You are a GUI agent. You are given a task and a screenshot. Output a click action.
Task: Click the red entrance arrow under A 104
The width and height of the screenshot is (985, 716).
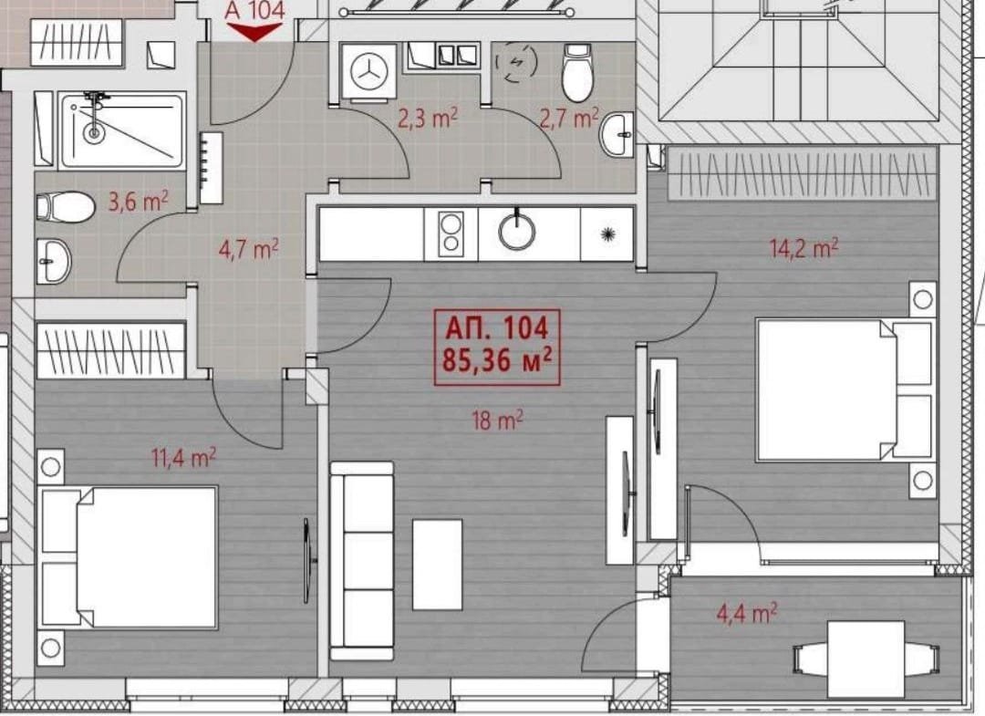[x=254, y=31]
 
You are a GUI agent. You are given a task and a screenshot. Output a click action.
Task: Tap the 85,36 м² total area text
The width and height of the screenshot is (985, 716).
[x=497, y=361]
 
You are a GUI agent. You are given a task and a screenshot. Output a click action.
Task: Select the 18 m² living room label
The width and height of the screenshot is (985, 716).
[x=498, y=420]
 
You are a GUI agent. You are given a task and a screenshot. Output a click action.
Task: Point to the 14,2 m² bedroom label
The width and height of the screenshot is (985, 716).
[x=804, y=248]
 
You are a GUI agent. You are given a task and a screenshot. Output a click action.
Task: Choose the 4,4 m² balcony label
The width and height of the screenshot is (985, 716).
[x=746, y=612]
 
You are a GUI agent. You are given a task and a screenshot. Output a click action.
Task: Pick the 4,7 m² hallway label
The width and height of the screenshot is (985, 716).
[x=248, y=249]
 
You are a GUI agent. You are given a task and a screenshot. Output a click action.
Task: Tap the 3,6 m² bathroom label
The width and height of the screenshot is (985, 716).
[x=139, y=202]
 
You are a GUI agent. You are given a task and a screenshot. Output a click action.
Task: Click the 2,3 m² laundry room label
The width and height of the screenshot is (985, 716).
[x=428, y=118]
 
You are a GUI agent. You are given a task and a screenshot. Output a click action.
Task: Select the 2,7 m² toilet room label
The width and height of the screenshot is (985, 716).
[x=568, y=118]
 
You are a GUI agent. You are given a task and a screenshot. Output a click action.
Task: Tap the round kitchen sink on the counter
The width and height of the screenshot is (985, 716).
[x=517, y=231]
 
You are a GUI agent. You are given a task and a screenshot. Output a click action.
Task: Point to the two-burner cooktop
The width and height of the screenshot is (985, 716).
[x=451, y=233]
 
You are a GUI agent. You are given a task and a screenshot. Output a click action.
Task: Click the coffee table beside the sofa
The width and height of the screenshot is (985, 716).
[x=437, y=564]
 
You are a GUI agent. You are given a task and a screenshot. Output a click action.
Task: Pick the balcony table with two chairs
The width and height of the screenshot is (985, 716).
[x=866, y=659]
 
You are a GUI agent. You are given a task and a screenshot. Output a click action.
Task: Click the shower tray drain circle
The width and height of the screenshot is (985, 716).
[x=94, y=132]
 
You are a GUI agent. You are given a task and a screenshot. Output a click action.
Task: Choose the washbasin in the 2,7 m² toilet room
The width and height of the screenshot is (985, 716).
[x=617, y=134]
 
